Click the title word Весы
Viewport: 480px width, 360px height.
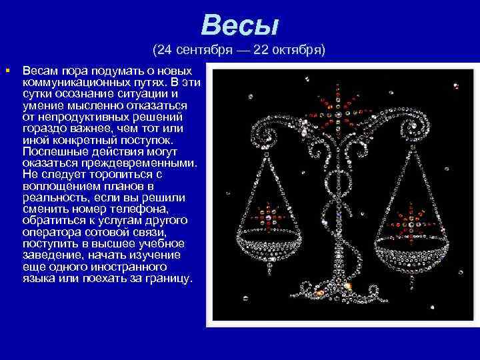coord(239,26)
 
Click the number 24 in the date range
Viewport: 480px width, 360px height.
coord(165,51)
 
